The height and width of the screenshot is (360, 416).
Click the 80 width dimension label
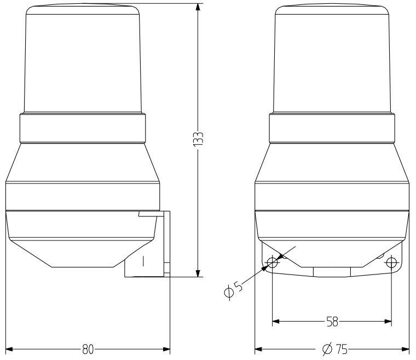[x=88, y=349]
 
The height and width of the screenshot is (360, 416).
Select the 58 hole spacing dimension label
[x=332, y=322]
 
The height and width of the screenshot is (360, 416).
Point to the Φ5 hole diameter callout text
[x=233, y=289]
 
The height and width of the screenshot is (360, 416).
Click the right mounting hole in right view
[x=391, y=263]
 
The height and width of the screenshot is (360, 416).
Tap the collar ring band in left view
[x=83, y=128]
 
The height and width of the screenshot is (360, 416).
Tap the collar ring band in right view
[x=332, y=128]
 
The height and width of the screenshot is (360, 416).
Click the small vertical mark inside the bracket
[x=143, y=261]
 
